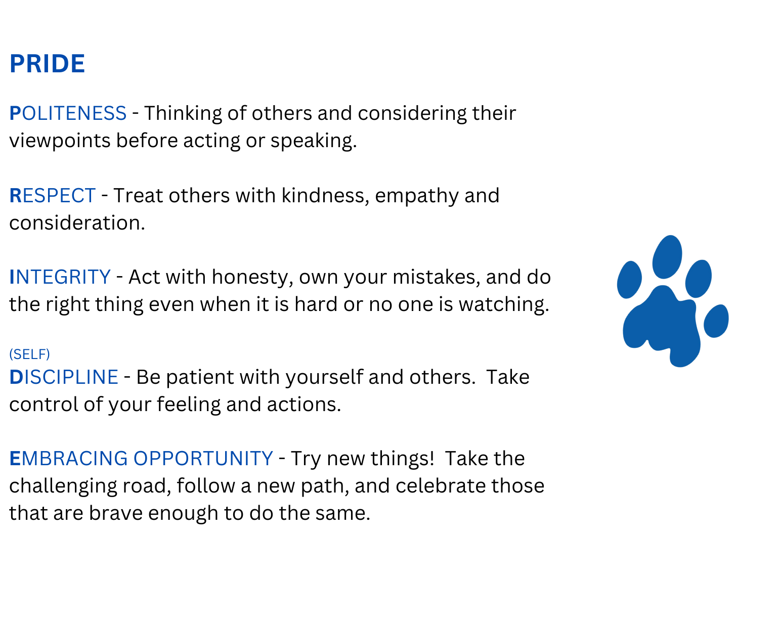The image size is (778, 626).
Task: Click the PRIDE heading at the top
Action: [x=48, y=64]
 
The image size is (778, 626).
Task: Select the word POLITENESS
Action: [x=68, y=113]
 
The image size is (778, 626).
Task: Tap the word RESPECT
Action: [x=53, y=196]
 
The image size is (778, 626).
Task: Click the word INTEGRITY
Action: [x=60, y=277]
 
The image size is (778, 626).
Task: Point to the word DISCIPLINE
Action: [x=64, y=377]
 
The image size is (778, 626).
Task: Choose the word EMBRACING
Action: [x=69, y=458]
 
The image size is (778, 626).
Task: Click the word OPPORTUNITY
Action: [x=203, y=458]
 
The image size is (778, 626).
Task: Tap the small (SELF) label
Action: [x=30, y=354]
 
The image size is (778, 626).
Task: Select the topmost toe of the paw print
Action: [x=667, y=257]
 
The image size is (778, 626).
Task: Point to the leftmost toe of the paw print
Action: [x=629, y=280]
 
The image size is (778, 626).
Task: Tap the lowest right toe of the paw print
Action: [x=716, y=321]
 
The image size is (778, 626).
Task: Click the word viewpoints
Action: [x=60, y=141]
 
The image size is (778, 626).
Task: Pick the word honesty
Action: [x=252, y=278]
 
